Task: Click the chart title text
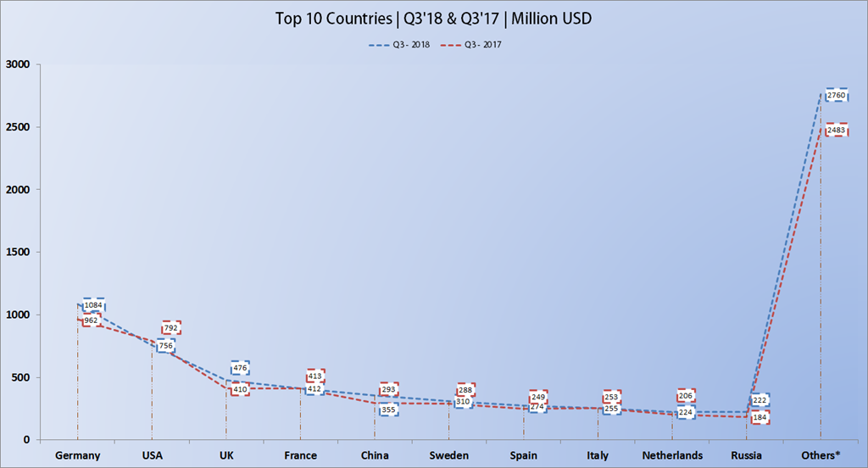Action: coord(433,19)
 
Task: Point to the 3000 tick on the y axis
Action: coord(18,64)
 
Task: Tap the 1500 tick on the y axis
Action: coord(18,252)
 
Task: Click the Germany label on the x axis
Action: coord(78,455)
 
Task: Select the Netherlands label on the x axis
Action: coord(672,455)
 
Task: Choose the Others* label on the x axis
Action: coord(821,455)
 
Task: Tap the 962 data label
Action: coord(91,320)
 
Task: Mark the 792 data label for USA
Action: coord(172,328)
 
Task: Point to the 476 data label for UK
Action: coord(240,368)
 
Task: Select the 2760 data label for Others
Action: coord(837,96)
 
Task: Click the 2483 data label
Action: coord(837,131)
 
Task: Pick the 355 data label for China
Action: coord(389,410)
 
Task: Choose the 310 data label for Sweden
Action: coord(463,401)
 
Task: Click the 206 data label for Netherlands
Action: coord(687,396)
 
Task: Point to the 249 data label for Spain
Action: coord(538,397)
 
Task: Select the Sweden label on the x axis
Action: coord(449,455)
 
